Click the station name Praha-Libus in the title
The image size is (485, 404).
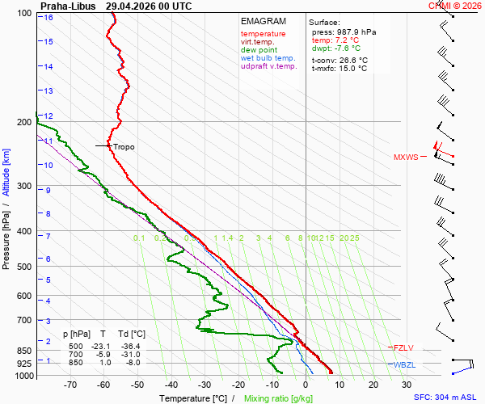pos(68,6)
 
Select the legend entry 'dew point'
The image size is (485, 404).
pos(259,50)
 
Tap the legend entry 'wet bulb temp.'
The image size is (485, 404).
pos(268,58)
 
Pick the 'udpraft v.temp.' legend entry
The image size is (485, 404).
pos(269,66)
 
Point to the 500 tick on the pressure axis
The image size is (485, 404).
pos(24,267)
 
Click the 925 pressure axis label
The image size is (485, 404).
pos(24,364)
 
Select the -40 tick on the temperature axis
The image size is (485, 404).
pos(171,385)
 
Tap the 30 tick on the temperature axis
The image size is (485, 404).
pos(407,385)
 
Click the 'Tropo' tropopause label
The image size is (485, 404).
pos(124,147)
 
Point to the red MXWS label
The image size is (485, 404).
pos(406,157)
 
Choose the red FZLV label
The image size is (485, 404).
pos(403,348)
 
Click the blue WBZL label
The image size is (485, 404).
pos(405,365)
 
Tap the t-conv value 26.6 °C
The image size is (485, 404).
pos(353,61)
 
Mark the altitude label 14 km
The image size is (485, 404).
pos(48,67)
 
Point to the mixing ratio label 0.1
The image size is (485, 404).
pos(139,238)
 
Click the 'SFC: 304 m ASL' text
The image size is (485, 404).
pos(445,398)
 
